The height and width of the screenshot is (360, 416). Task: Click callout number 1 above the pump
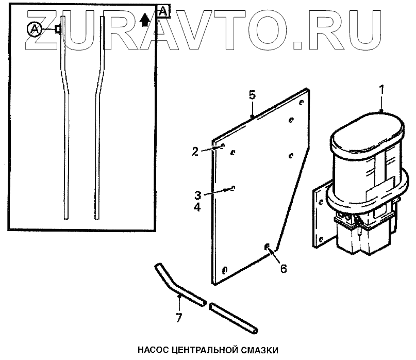[381, 89]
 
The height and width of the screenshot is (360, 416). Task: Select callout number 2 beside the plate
[195, 151]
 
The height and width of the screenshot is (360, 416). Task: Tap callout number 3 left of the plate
[198, 195]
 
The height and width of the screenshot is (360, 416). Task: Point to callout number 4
[198, 207]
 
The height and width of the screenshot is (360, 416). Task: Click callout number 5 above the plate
[252, 95]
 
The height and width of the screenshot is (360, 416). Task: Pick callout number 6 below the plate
[283, 269]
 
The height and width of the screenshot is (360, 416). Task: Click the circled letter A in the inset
[35, 29]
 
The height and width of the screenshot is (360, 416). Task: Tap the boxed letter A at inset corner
[163, 11]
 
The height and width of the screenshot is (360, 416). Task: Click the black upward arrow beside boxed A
[145, 20]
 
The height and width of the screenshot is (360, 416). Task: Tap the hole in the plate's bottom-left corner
[224, 270]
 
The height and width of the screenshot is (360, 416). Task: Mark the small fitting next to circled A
[58, 29]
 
